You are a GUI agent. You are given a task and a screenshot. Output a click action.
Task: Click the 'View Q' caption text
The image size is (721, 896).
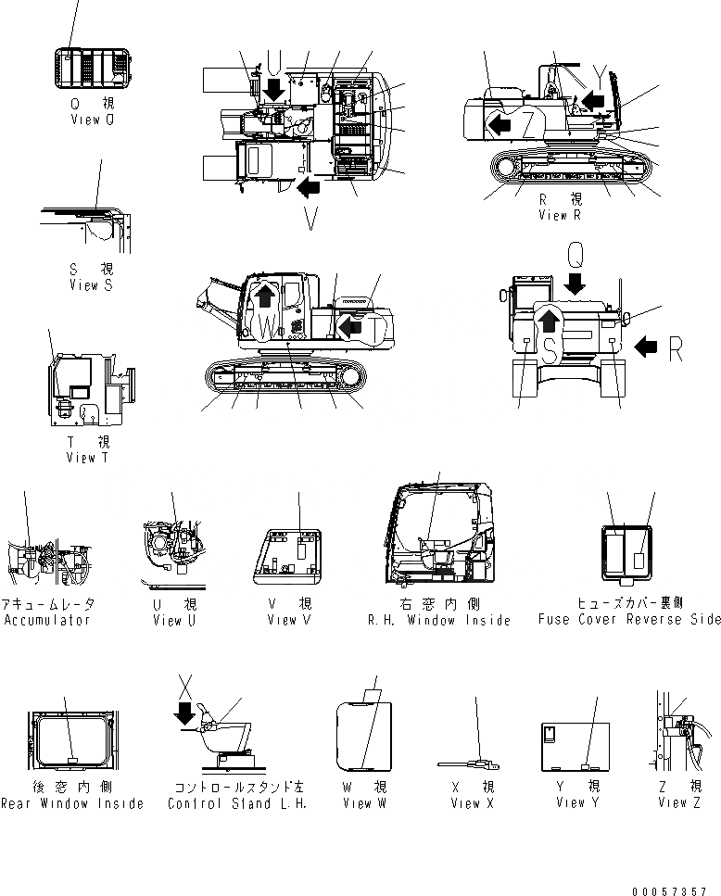point(92,120)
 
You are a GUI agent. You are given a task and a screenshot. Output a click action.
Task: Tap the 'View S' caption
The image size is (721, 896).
point(91,285)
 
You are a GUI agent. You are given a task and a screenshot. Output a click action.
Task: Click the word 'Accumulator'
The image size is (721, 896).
point(46,620)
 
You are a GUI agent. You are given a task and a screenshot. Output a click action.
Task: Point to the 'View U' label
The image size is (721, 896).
point(174,620)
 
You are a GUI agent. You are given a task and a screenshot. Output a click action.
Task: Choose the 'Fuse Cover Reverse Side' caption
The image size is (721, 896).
point(628,620)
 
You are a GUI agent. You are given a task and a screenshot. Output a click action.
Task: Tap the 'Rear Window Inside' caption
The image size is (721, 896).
point(72,803)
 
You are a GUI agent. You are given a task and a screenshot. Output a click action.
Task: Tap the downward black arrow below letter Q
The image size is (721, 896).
point(576,282)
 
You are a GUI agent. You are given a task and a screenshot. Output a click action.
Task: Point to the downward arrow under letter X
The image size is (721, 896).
point(186,713)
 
